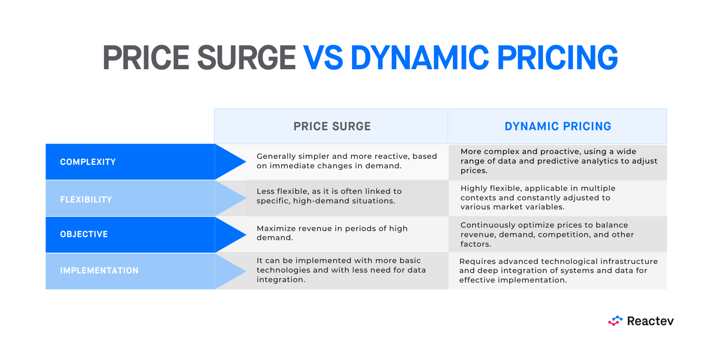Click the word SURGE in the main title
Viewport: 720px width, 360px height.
tap(246, 58)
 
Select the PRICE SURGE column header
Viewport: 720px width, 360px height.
tap(332, 126)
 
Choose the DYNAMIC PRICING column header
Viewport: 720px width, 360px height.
tap(558, 126)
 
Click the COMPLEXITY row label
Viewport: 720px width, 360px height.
tap(88, 162)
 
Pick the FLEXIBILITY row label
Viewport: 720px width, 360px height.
tap(86, 199)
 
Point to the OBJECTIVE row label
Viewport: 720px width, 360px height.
tap(84, 234)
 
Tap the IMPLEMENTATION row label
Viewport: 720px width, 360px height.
tap(99, 270)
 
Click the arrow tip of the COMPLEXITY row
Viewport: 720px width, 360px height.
tap(246, 162)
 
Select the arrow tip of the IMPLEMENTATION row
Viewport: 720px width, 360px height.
tap(246, 271)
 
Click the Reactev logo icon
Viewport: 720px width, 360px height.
tap(615, 321)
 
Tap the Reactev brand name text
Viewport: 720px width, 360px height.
tap(650, 321)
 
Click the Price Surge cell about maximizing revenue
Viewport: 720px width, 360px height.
tap(332, 233)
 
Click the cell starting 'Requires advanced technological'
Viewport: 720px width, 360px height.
tap(558, 270)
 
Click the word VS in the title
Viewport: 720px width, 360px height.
tap(323, 58)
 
